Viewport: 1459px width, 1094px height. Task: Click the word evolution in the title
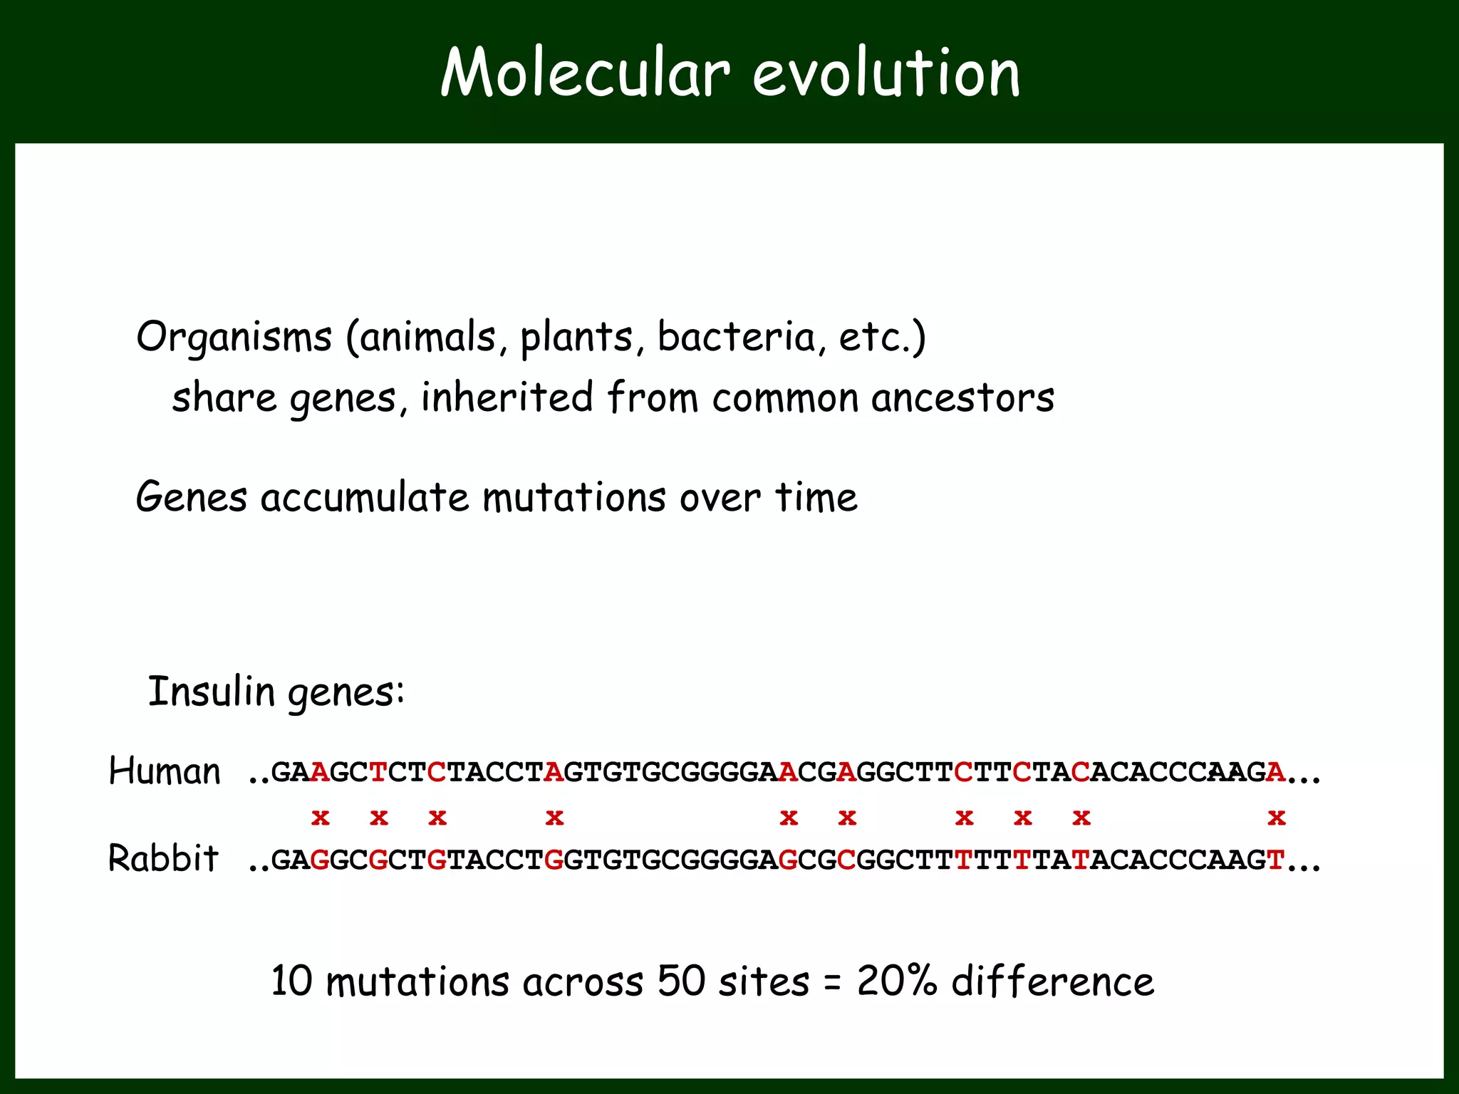(886, 73)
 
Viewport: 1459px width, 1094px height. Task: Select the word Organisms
(234, 337)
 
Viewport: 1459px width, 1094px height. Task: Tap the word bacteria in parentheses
(736, 337)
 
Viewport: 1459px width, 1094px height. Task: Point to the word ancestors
(962, 397)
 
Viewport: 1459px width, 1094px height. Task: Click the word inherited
(507, 397)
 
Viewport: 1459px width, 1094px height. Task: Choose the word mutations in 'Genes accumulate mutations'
(573, 497)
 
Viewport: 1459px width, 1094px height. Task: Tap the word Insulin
(212, 692)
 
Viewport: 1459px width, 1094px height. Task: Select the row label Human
(165, 771)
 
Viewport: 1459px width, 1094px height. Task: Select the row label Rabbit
(163, 858)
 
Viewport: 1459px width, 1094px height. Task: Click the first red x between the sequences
(321, 818)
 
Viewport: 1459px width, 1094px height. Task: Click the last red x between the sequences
(1277, 818)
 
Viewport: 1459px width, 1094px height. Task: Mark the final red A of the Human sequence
(1276, 772)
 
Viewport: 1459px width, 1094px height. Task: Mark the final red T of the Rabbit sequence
(1276, 860)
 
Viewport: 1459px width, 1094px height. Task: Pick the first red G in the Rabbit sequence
(321, 860)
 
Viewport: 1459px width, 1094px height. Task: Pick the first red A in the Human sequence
(321, 772)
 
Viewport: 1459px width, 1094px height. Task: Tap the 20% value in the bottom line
(896, 981)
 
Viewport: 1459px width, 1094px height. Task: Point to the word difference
(1053, 981)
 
